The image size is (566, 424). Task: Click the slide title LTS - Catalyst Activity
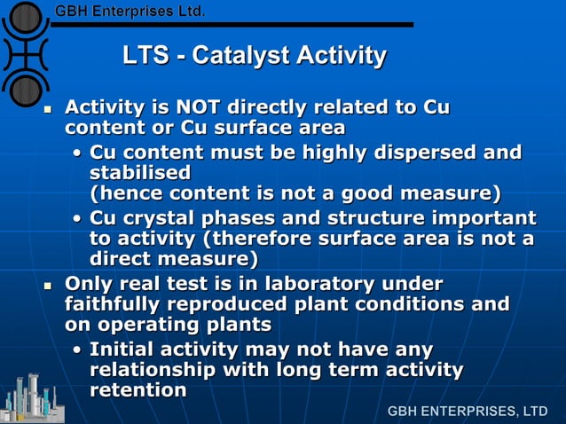(254, 57)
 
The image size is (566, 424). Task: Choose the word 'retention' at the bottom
(138, 389)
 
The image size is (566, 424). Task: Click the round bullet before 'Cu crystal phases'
(78, 219)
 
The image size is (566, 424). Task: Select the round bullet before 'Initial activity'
(78, 349)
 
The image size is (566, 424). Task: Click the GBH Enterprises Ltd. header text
(130, 12)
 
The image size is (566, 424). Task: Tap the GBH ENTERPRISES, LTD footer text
(468, 412)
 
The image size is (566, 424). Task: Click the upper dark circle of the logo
(26, 17)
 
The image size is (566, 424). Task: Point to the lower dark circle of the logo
(26, 88)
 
